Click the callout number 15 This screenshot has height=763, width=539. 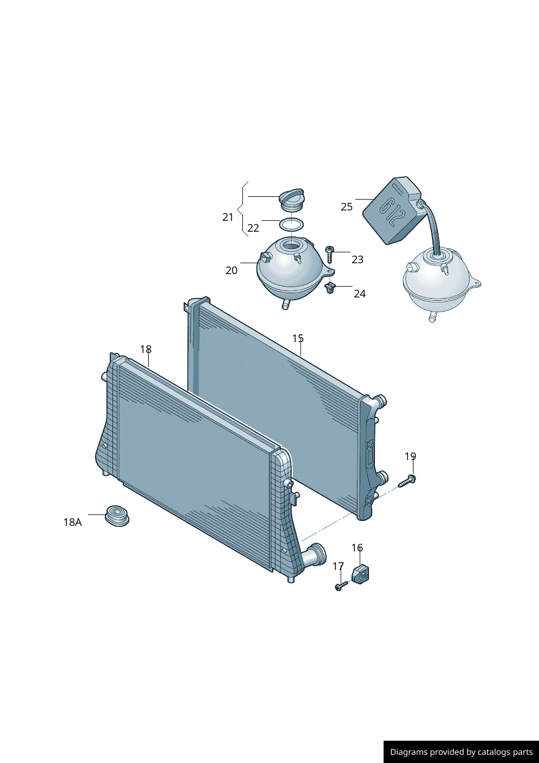pos(298,338)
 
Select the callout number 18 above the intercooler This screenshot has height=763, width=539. pos(146,349)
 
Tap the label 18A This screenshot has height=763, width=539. pos(72,522)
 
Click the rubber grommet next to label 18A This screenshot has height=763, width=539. pos(117,515)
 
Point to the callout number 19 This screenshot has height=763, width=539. pos(410,456)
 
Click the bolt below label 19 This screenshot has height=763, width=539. pos(407,481)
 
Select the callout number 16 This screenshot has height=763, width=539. pos(357,548)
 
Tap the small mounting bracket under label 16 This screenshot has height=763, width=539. pos(360,573)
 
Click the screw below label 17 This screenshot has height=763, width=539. pos(341,586)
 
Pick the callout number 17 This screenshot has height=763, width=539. pos(338,566)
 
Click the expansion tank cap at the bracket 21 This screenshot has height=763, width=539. pos(292,200)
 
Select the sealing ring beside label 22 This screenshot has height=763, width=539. pos(291,224)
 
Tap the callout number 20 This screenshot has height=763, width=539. pos(231,270)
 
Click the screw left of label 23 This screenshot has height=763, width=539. pos(329,253)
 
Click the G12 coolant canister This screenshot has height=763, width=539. pos(392,210)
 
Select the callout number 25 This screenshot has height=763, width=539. pos(347,207)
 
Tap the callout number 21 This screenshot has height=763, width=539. pos(228,217)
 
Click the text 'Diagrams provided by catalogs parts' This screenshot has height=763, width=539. pos(461,752)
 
